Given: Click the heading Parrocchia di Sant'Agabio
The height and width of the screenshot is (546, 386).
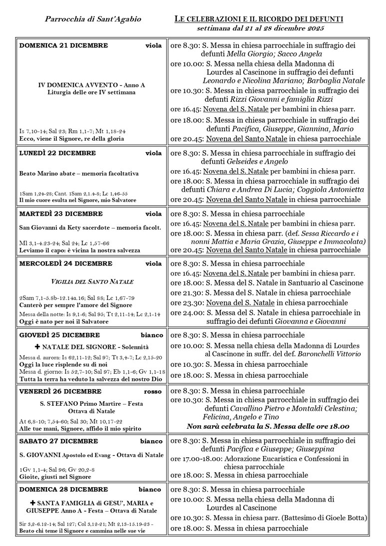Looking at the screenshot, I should pos(93,19).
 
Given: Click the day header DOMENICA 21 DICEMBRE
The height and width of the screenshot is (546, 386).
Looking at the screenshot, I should pos(63,45).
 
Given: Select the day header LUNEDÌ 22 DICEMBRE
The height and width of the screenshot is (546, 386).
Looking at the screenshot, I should pos(57,153).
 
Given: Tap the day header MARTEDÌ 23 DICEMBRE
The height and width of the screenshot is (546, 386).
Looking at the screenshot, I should pos(61,214).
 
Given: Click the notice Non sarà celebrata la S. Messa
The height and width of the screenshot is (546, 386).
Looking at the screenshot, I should pos(268,426).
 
